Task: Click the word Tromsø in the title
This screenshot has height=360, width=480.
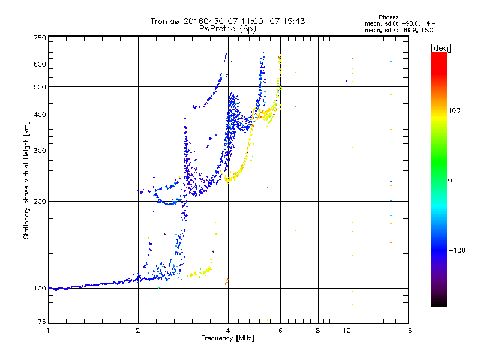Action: pyautogui.click(x=166, y=21)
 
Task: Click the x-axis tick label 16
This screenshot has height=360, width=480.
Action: pyautogui.click(x=407, y=331)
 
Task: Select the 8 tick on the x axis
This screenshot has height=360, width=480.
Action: pyautogui.click(x=318, y=331)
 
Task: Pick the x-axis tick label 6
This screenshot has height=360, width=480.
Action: pyautogui.click(x=281, y=331)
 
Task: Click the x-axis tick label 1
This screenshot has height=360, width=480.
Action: pyautogui.click(x=49, y=331)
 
